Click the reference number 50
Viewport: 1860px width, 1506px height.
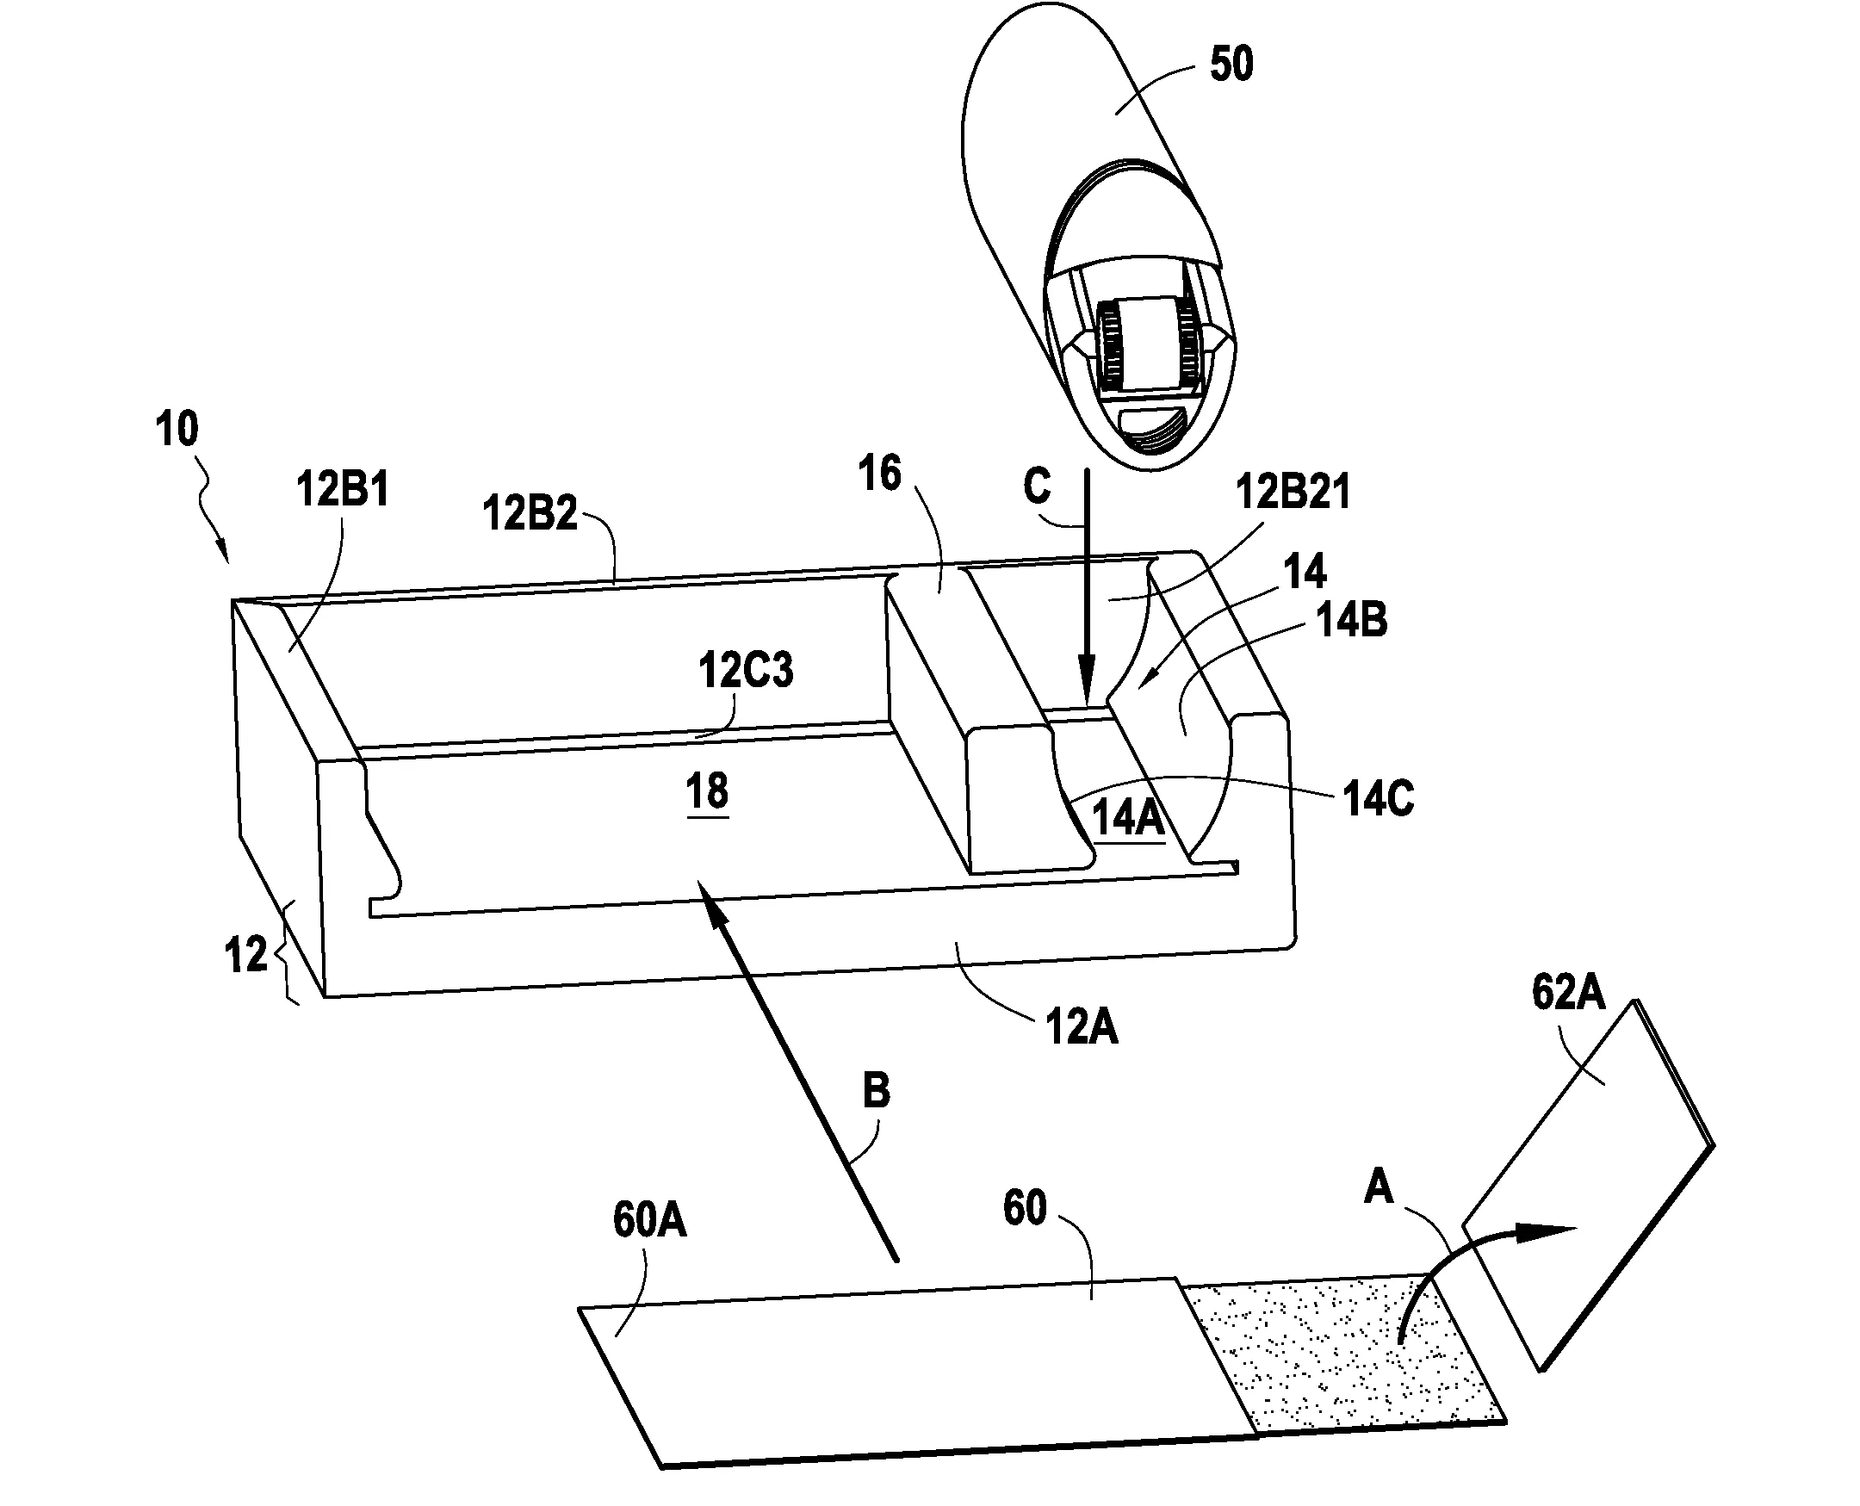pyautogui.click(x=1232, y=65)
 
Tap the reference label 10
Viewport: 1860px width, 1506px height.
pyautogui.click(x=177, y=429)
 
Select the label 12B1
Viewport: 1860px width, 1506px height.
pyautogui.click(x=343, y=489)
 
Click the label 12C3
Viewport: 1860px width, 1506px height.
pyautogui.click(x=746, y=671)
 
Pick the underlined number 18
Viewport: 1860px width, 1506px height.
pyautogui.click(x=707, y=792)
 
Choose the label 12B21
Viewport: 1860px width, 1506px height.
pyautogui.click(x=1293, y=492)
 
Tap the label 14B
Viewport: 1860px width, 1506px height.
pyautogui.click(x=1353, y=620)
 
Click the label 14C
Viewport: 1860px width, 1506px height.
pyautogui.click(x=1379, y=798)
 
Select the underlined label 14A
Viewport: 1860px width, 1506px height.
pyautogui.click(x=1128, y=818)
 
